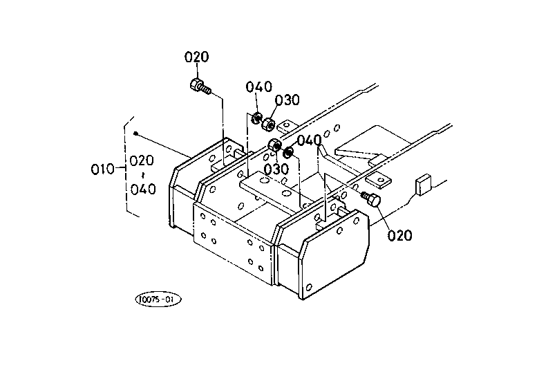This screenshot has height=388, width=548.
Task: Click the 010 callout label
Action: point(102,169)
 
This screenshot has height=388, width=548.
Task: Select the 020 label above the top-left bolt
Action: point(196,57)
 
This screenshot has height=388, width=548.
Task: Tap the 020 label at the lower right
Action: point(400,235)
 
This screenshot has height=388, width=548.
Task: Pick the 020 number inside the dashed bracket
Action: point(142,160)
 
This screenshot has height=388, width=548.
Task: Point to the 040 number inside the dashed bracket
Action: point(143,190)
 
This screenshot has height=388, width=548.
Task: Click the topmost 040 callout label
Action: point(258,86)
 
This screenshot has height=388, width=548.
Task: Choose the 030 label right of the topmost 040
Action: point(287,100)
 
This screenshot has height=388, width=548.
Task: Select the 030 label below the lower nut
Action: point(276,169)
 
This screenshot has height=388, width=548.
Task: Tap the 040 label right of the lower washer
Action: point(309,140)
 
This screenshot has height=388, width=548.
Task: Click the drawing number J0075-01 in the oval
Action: point(158,299)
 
